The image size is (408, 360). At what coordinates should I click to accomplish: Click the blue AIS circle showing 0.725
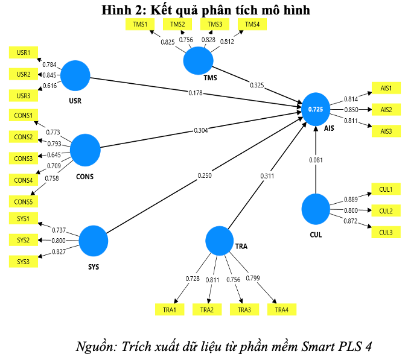click(316, 109)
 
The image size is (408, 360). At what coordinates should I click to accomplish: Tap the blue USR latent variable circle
click(75, 76)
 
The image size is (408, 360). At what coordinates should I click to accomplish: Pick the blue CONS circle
click(85, 150)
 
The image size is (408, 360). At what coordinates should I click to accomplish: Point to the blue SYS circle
click(94, 240)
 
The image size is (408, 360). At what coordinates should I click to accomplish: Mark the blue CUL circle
click(316, 208)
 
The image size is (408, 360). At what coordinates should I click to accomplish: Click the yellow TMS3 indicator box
click(215, 24)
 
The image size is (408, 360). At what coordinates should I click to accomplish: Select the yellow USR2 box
click(24, 74)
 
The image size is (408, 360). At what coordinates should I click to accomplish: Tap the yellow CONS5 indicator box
click(24, 201)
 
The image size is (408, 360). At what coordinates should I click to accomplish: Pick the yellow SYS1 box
click(24, 218)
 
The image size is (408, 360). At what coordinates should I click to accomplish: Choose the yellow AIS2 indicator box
click(386, 110)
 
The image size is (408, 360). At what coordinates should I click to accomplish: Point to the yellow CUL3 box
click(386, 232)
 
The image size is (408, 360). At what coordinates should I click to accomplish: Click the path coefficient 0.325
click(258, 84)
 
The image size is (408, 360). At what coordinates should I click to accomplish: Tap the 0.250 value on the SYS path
click(205, 175)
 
